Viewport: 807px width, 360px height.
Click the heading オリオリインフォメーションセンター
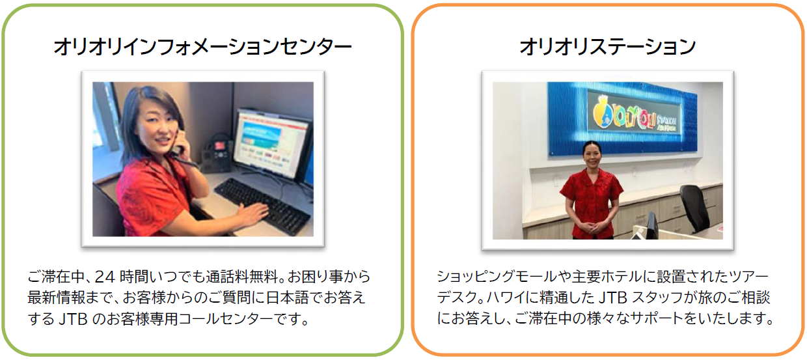pyautogui.click(x=203, y=47)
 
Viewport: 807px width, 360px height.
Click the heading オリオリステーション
pyautogui.click(x=607, y=47)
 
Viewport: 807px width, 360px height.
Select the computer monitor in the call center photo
pyautogui.click(x=271, y=144)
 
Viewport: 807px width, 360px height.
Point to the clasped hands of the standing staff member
pyautogui.click(x=594, y=227)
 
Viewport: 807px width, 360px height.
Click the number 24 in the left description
pyautogui.click(x=105, y=277)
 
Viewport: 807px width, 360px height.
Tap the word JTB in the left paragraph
pyautogui.click(x=73, y=319)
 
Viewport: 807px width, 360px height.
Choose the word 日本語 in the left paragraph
pyautogui.click(x=288, y=298)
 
